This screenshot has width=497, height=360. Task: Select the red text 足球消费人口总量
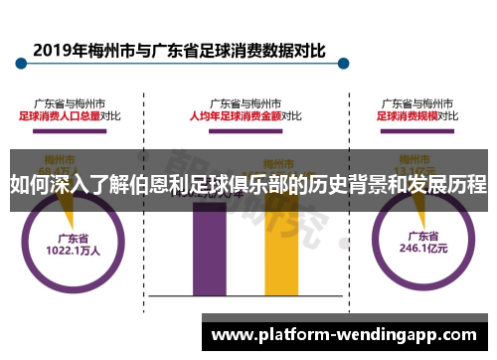60,115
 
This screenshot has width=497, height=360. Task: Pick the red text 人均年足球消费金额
235,115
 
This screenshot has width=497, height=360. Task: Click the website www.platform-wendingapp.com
348,334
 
